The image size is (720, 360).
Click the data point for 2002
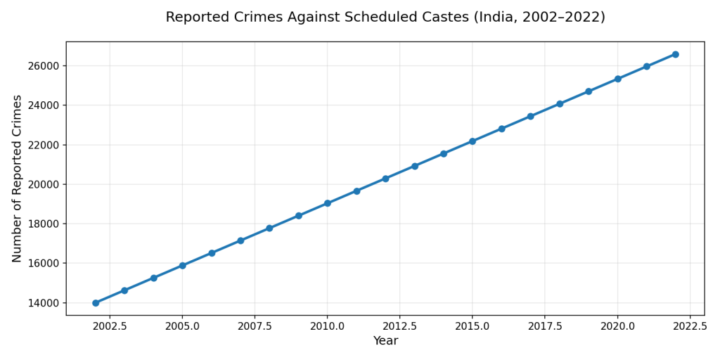click(x=96, y=303)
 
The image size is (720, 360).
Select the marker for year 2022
click(x=675, y=54)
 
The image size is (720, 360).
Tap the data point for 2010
click(x=328, y=203)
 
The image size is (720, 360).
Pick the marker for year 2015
click(x=472, y=141)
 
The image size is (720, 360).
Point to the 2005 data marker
click(x=182, y=266)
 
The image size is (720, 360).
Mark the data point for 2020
click(x=617, y=79)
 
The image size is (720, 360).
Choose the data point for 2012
click(x=385, y=179)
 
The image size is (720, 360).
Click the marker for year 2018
click(x=560, y=104)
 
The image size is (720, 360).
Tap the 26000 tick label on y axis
click(x=43, y=66)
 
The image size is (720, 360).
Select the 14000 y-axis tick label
click(x=43, y=303)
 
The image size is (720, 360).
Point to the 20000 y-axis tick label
click(x=43, y=184)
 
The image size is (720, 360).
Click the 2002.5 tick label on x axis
click(x=110, y=326)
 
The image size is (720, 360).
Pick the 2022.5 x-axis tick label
click(x=690, y=326)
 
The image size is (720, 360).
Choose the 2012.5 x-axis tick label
click(x=399, y=326)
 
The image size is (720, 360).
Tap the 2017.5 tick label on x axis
click(x=544, y=326)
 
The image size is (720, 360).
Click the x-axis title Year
click(x=385, y=341)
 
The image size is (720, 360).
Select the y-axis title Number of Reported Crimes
click(x=18, y=179)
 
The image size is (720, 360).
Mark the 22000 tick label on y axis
click(x=43, y=145)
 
